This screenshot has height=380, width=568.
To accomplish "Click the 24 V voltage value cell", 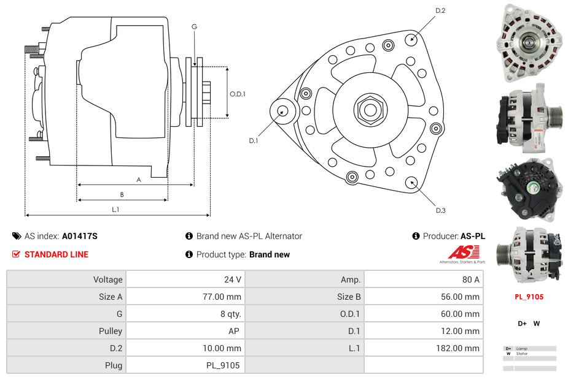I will click(232, 279).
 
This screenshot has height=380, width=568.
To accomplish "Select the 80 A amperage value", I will click(470, 279).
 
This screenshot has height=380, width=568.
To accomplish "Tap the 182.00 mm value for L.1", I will click(464, 348).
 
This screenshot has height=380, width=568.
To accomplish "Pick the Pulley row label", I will click(111, 331).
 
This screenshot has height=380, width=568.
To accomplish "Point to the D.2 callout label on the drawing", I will click(440, 10).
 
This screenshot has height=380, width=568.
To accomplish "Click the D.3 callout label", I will click(440, 210).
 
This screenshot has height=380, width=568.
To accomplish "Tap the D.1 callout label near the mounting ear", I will click(253, 141).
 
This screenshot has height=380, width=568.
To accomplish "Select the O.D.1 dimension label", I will click(238, 94).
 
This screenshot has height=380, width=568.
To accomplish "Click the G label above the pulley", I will click(194, 26).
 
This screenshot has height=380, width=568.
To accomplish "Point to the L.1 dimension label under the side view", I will click(115, 210).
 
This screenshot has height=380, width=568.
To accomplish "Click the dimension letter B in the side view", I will click(122, 194).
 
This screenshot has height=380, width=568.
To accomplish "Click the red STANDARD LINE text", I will click(56, 254).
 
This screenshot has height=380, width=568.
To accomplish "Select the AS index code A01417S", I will click(80, 236).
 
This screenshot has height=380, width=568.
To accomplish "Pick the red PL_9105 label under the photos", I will click(529, 297).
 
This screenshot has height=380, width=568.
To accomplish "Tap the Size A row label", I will click(111, 297).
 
